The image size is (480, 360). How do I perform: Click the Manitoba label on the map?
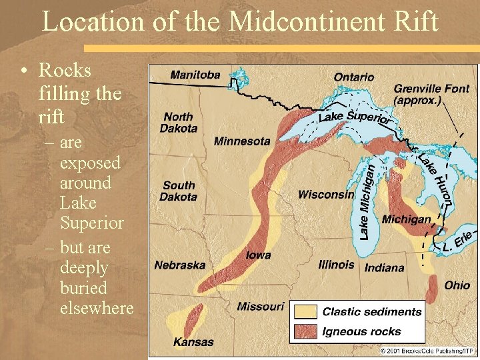(195, 75)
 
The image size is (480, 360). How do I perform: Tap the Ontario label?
(353, 77)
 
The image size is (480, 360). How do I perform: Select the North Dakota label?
(179, 122)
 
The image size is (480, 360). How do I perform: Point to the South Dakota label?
(179, 191)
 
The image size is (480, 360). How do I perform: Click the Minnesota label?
(242, 141)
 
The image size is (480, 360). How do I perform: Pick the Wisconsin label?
(326, 195)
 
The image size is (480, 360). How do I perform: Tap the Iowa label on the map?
(258, 255)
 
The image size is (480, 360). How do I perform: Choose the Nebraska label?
(180, 265)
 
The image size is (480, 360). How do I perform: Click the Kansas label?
(193, 342)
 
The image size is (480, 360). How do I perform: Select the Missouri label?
(260, 307)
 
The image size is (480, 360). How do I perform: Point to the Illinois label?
(337, 265)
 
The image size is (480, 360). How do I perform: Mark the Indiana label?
(384, 268)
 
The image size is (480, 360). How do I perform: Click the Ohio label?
(457, 285)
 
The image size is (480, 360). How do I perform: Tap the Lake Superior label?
(353, 118)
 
